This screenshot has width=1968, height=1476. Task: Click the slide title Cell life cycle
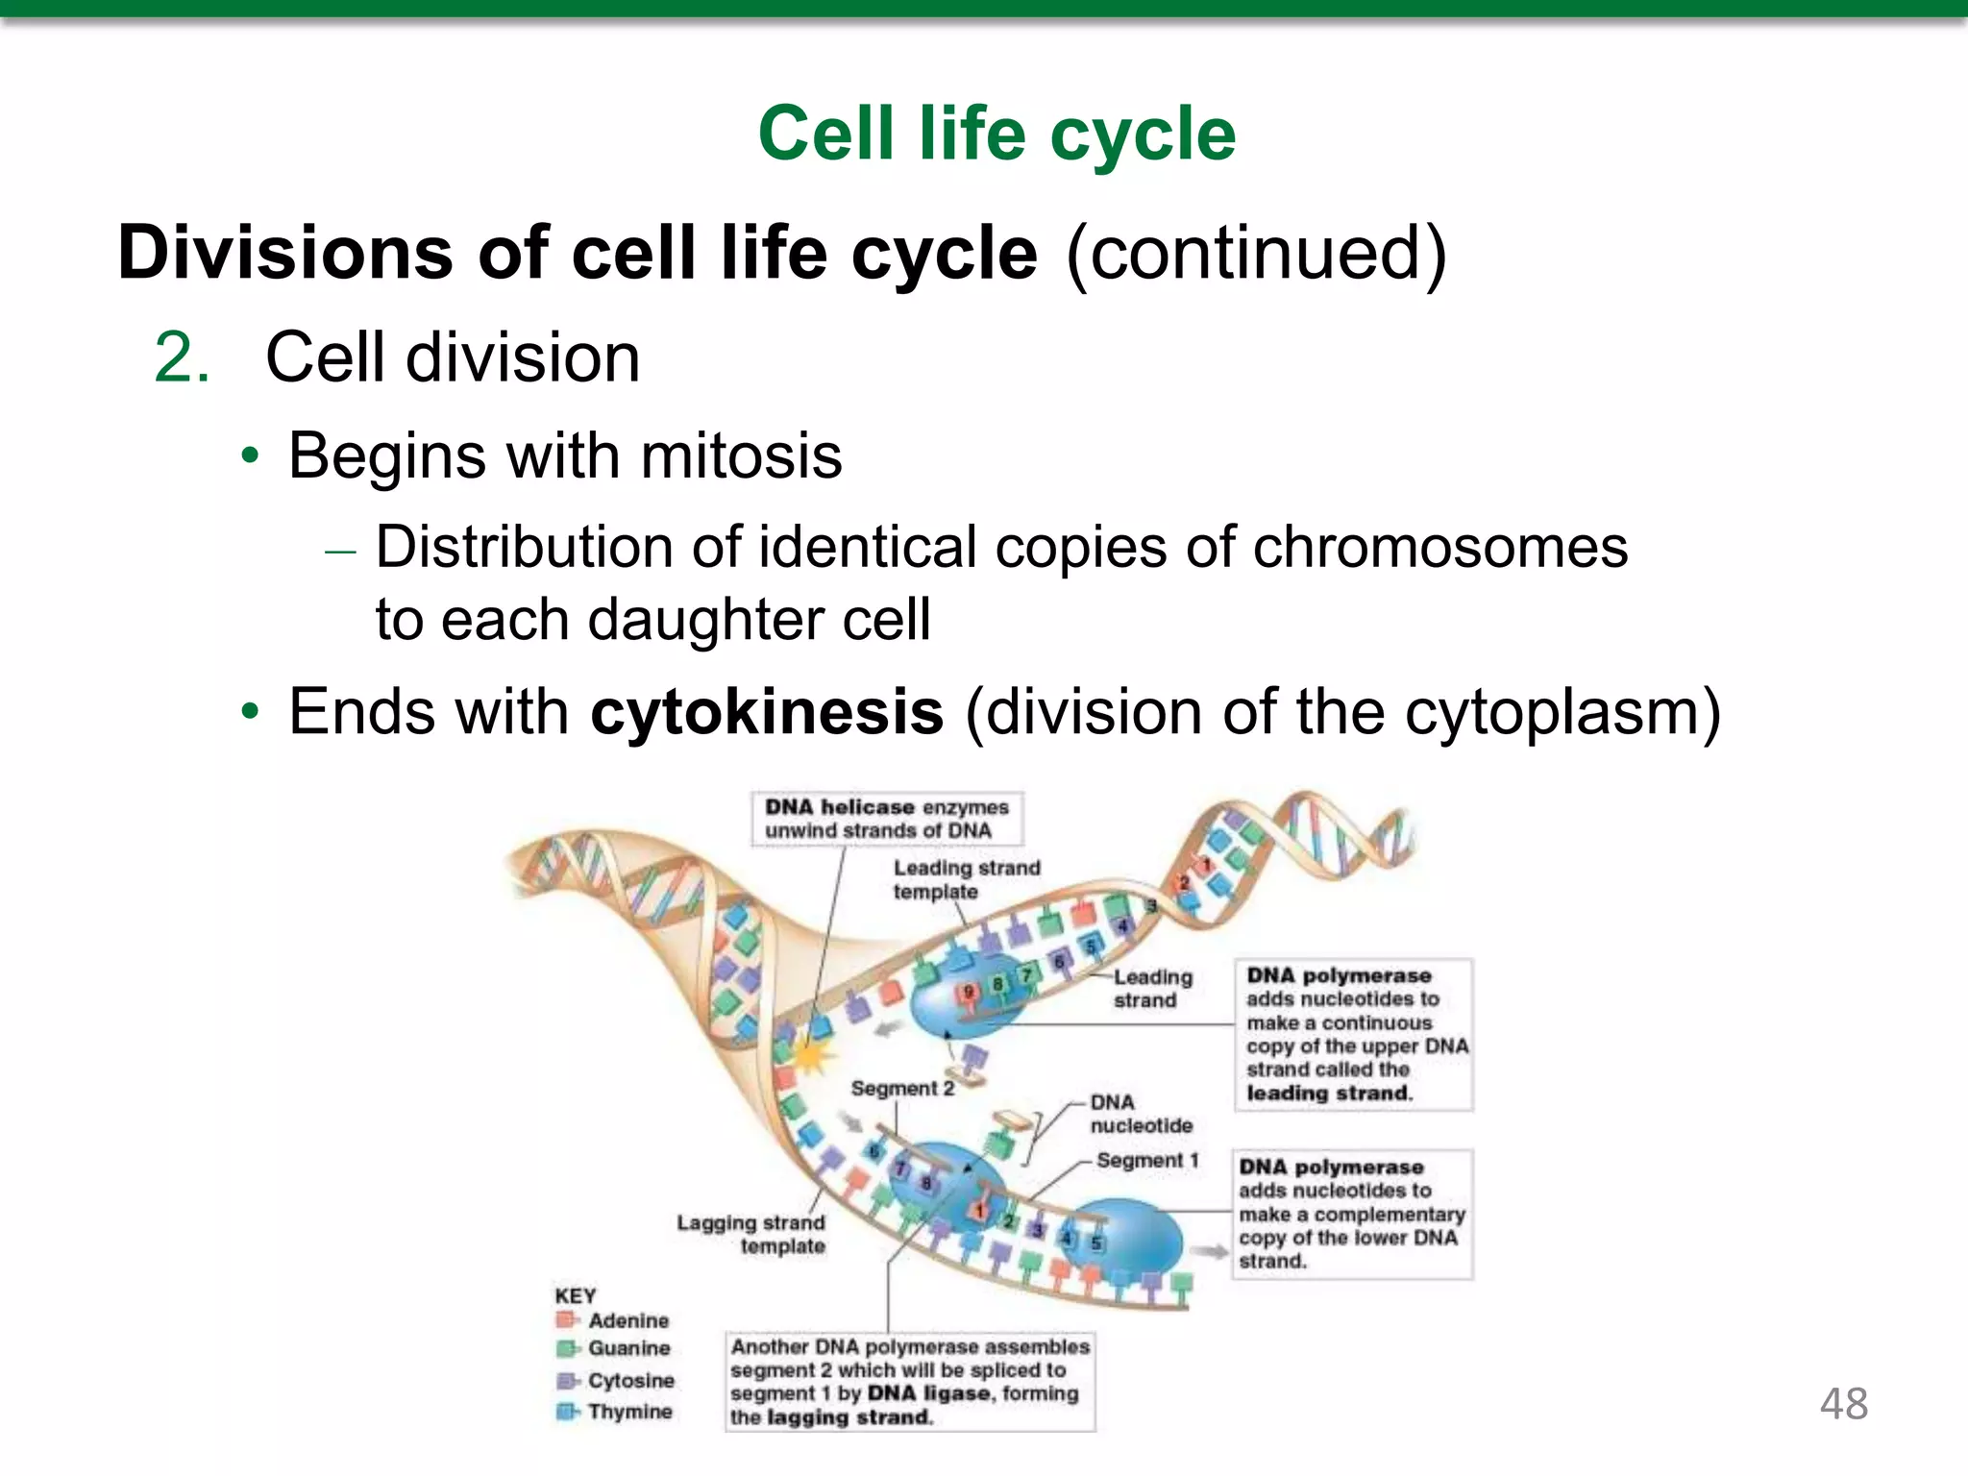coord(996,135)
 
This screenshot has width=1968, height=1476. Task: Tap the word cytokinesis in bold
coord(766,713)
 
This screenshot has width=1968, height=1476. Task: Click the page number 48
coord(1843,1404)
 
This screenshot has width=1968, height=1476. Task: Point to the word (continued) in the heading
coord(1255,254)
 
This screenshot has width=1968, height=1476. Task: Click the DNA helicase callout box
coord(886,819)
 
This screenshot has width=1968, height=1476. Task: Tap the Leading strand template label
coord(966,879)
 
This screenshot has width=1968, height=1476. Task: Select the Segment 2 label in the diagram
coord(902,1088)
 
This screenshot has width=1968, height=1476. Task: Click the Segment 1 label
coord(1147,1160)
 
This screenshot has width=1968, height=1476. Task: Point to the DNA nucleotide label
coord(1141,1114)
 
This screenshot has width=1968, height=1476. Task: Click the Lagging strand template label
coord(750,1234)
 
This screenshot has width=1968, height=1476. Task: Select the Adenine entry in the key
coord(627,1320)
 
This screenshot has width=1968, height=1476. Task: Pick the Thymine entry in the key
coord(629,1412)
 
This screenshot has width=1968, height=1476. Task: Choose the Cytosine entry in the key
coord(630,1380)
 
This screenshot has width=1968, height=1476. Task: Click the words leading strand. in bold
coord(1329,1094)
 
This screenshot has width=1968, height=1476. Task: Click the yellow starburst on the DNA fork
coord(813,1057)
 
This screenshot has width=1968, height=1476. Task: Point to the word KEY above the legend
coord(575,1295)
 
